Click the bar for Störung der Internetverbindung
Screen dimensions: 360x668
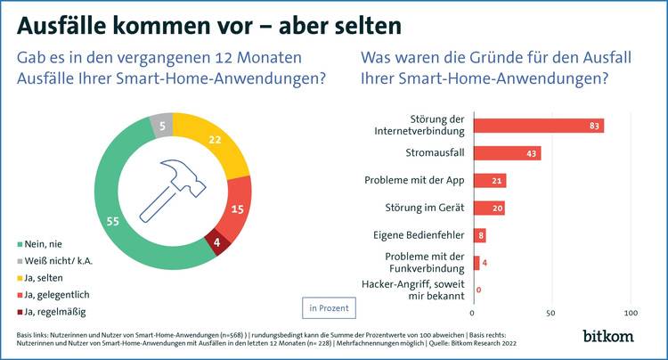538,126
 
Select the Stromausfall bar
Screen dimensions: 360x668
507,153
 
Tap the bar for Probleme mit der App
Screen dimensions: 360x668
489,181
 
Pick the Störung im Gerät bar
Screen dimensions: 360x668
488,209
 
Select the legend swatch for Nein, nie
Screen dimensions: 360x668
21,244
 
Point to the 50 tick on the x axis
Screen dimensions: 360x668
551,314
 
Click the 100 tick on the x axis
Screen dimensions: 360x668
631,314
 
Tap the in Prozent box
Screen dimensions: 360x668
329,307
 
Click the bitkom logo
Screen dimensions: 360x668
609,336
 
